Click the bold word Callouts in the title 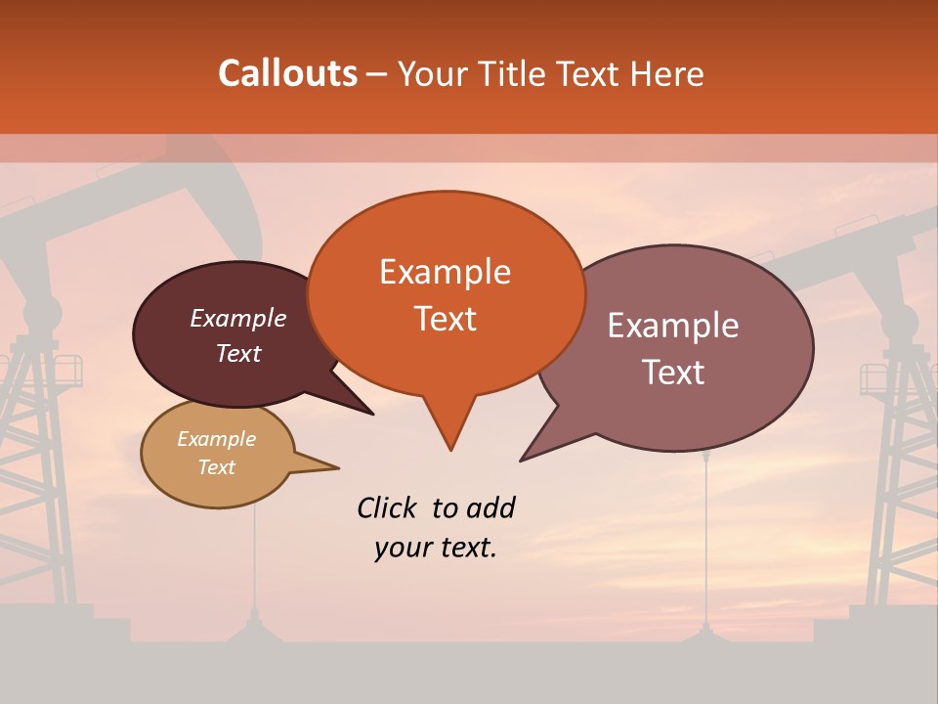pos(287,73)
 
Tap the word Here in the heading pos(667,74)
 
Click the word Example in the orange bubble pos(445,272)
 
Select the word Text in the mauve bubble pos(673,373)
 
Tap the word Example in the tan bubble pos(216,439)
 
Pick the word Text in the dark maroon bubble pos(238,354)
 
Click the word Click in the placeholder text pos(388,507)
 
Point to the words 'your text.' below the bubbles pos(435,548)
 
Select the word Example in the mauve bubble pos(672,326)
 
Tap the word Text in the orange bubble pos(446,319)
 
